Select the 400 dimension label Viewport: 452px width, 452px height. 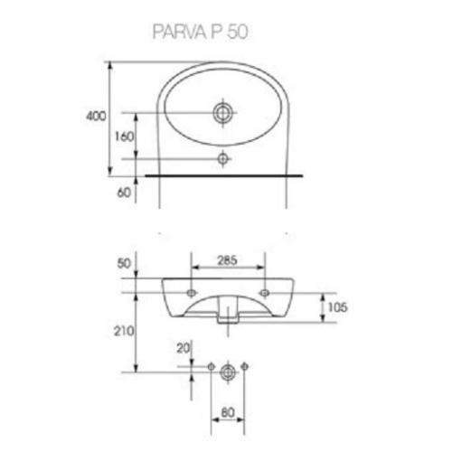click(98, 117)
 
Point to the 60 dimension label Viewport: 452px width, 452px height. click(125, 191)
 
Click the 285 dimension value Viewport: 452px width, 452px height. click(228, 262)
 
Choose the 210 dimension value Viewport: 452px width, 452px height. click(124, 332)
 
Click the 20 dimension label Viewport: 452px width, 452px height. click(184, 349)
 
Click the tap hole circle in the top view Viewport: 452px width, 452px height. click(222, 113)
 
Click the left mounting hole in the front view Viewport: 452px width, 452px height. click(192, 294)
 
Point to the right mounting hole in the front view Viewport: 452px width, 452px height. click(264, 294)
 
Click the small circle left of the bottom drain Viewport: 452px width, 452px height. click(211, 368)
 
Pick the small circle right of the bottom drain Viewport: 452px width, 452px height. click(245, 368)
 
